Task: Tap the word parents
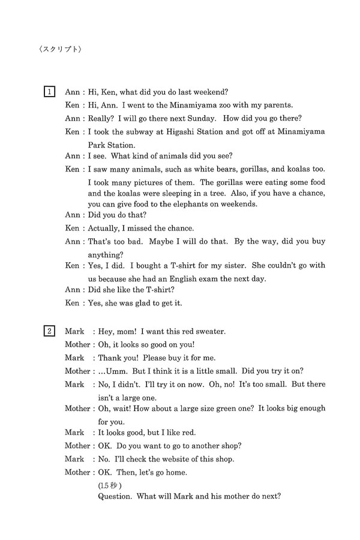point(275,104)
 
